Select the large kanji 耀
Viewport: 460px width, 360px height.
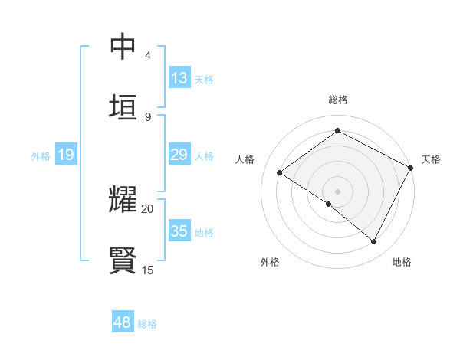click(123, 200)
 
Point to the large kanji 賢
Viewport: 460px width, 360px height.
click(123, 260)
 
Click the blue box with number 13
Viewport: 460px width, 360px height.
click(179, 77)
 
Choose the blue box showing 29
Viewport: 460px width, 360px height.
click(179, 155)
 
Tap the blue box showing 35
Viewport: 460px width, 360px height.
click(179, 231)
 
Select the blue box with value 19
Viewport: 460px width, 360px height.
click(65, 155)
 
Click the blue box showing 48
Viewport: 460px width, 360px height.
click(123, 322)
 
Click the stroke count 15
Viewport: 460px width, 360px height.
click(147, 270)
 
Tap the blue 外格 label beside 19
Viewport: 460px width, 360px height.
click(41, 156)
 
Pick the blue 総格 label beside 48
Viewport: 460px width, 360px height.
click(147, 324)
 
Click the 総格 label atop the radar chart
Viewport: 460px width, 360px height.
click(337, 100)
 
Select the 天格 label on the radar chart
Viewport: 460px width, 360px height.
click(431, 159)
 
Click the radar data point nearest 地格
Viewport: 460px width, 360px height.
click(374, 242)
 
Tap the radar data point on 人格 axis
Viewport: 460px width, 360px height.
click(280, 173)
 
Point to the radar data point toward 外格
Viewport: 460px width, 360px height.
click(329, 204)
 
